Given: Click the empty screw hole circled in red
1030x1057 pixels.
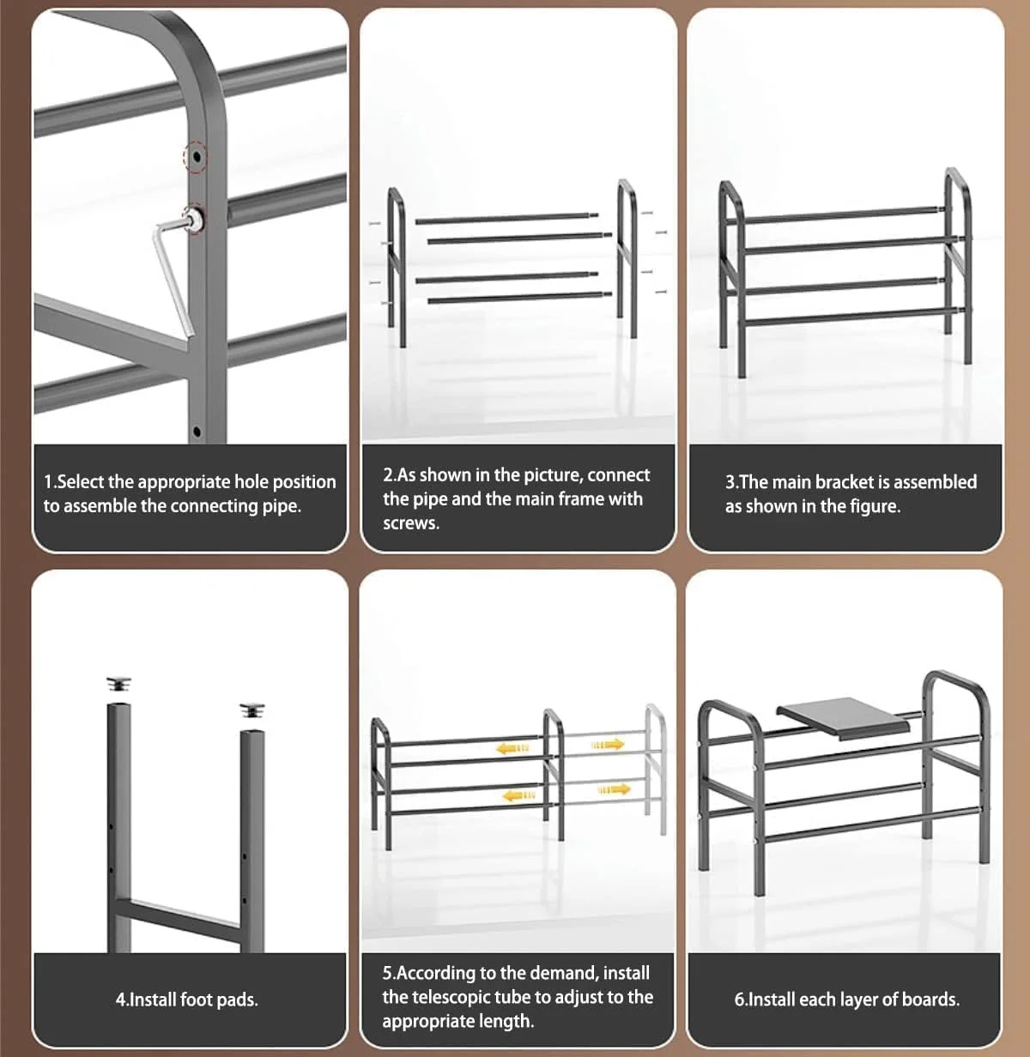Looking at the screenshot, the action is pyautogui.click(x=197, y=157).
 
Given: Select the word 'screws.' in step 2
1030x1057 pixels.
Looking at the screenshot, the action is pyautogui.click(x=411, y=523).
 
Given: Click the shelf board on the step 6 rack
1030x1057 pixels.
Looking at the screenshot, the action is pyautogui.click(x=844, y=717).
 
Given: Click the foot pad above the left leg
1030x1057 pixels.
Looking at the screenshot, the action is pyautogui.click(x=118, y=684).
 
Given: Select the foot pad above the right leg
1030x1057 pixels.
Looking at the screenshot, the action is pyautogui.click(x=252, y=710).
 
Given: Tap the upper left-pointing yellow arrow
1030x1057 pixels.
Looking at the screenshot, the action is pyautogui.click(x=512, y=749).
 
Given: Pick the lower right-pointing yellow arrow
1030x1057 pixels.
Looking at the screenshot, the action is pyautogui.click(x=615, y=788).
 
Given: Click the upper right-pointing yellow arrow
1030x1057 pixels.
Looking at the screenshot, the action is pyautogui.click(x=608, y=745).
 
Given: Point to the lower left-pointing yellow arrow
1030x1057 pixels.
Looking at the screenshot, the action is pyautogui.click(x=518, y=795).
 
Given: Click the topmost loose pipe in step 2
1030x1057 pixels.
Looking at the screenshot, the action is pyautogui.click(x=506, y=219).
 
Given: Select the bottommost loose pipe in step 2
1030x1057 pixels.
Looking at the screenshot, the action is pyautogui.click(x=519, y=298).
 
